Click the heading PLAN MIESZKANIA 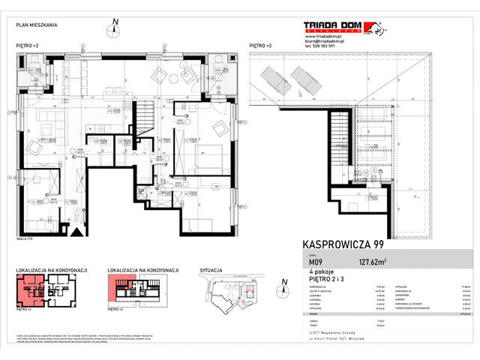(37, 25)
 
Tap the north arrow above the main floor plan (113, 29)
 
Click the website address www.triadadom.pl (322, 35)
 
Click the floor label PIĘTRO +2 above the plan (27, 46)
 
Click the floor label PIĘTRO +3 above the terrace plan (259, 46)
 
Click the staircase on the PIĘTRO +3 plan (343, 127)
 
